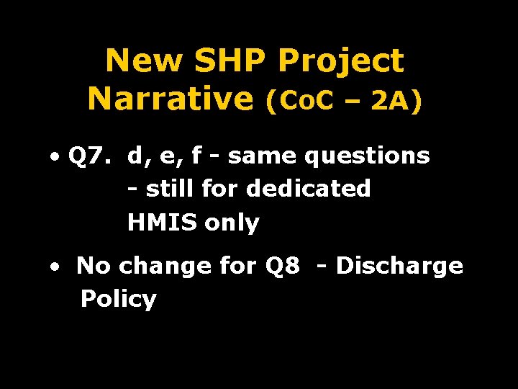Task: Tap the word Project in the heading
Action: coord(341,63)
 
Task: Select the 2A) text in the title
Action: coord(396,102)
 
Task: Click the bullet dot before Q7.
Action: coord(55,156)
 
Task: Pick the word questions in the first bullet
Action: coord(367,156)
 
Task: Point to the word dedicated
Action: coord(308,189)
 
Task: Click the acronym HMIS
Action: coord(163,223)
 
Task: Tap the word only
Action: coord(232,223)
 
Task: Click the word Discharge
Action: coord(399,267)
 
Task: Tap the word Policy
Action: coord(118,298)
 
